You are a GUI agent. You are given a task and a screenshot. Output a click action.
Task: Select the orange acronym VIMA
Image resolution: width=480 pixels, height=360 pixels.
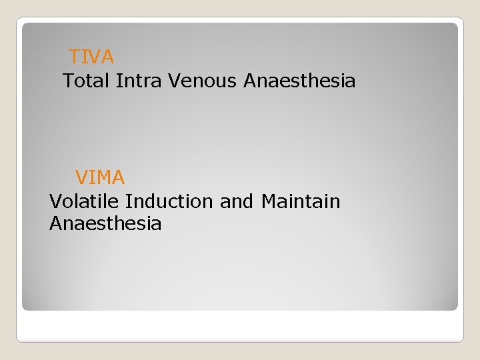click(x=100, y=177)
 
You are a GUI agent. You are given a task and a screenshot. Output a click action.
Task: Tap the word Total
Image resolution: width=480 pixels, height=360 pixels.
click(x=86, y=81)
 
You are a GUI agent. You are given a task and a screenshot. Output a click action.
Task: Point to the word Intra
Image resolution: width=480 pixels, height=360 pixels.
click(x=139, y=81)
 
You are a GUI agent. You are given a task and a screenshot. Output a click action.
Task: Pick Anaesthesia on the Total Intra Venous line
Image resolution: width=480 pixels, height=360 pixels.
click(x=299, y=81)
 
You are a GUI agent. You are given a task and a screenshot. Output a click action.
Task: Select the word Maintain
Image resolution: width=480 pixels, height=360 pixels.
click(x=301, y=201)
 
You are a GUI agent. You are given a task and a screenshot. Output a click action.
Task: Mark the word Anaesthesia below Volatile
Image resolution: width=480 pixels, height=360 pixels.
click(x=105, y=223)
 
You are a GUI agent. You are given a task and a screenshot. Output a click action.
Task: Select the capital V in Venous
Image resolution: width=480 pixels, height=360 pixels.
click(x=174, y=81)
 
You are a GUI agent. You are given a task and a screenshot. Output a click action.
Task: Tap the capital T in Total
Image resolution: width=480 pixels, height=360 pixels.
click(x=68, y=81)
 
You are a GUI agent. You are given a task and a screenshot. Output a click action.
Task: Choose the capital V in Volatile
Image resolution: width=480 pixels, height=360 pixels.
click(x=55, y=201)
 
